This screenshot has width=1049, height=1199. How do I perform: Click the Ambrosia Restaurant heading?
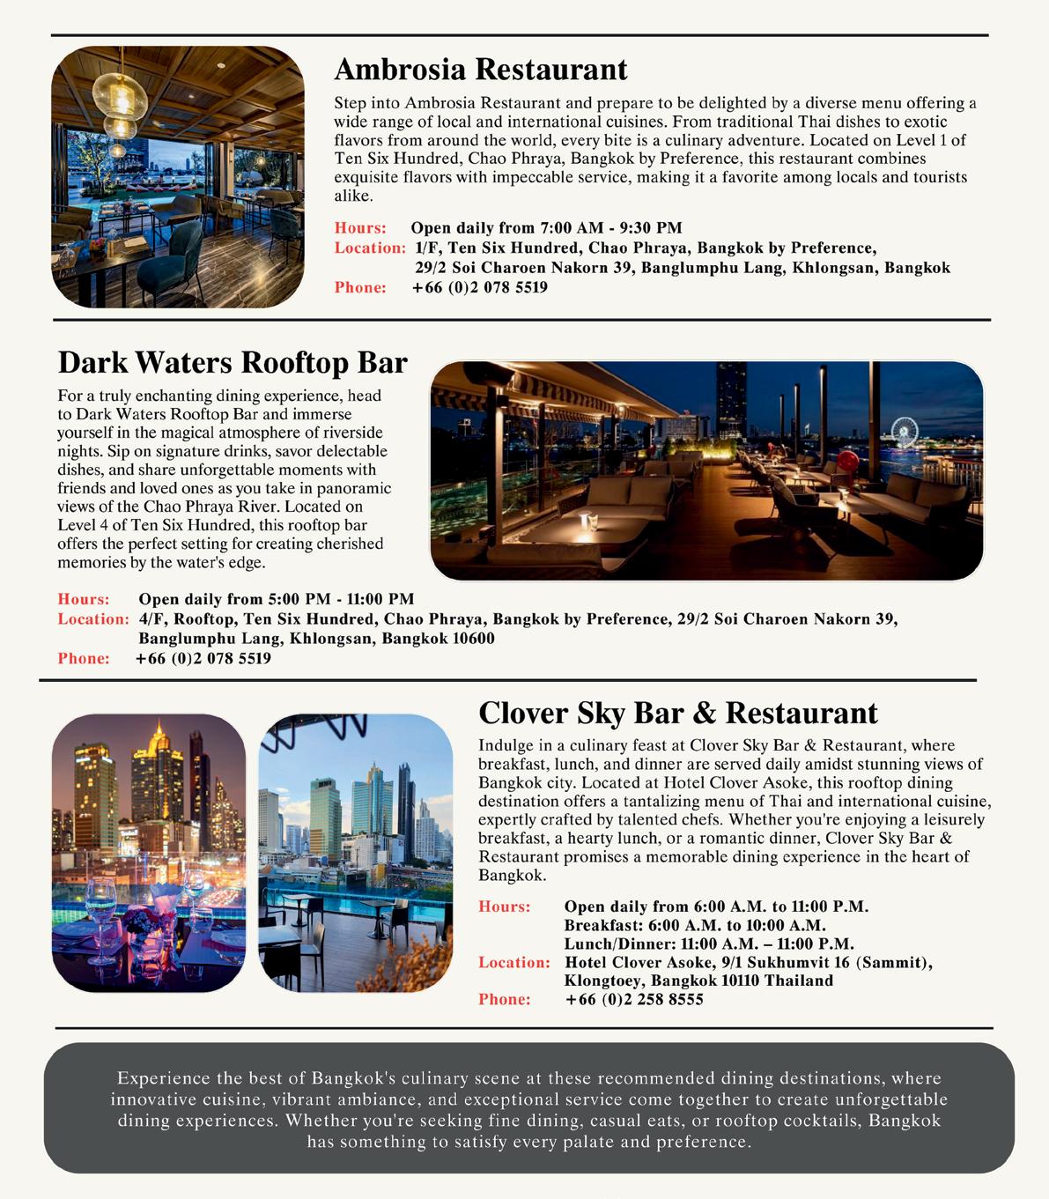(x=480, y=69)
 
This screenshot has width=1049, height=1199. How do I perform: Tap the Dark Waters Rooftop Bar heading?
(x=233, y=362)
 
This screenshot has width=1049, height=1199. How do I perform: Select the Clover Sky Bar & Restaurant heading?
(x=677, y=712)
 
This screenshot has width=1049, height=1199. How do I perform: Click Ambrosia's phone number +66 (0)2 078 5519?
(x=479, y=287)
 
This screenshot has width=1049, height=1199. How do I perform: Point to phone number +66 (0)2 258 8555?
(x=634, y=999)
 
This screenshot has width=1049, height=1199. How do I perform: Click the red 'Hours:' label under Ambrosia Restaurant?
(x=360, y=228)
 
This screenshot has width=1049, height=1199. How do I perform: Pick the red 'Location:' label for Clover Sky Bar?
(x=514, y=962)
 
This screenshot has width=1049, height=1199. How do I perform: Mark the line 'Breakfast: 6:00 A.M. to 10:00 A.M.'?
(x=695, y=925)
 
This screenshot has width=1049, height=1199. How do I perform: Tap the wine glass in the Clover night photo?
(x=100, y=902)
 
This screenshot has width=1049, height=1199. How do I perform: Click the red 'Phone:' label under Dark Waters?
(x=84, y=658)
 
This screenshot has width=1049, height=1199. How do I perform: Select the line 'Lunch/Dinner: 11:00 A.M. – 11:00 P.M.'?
(x=709, y=944)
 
